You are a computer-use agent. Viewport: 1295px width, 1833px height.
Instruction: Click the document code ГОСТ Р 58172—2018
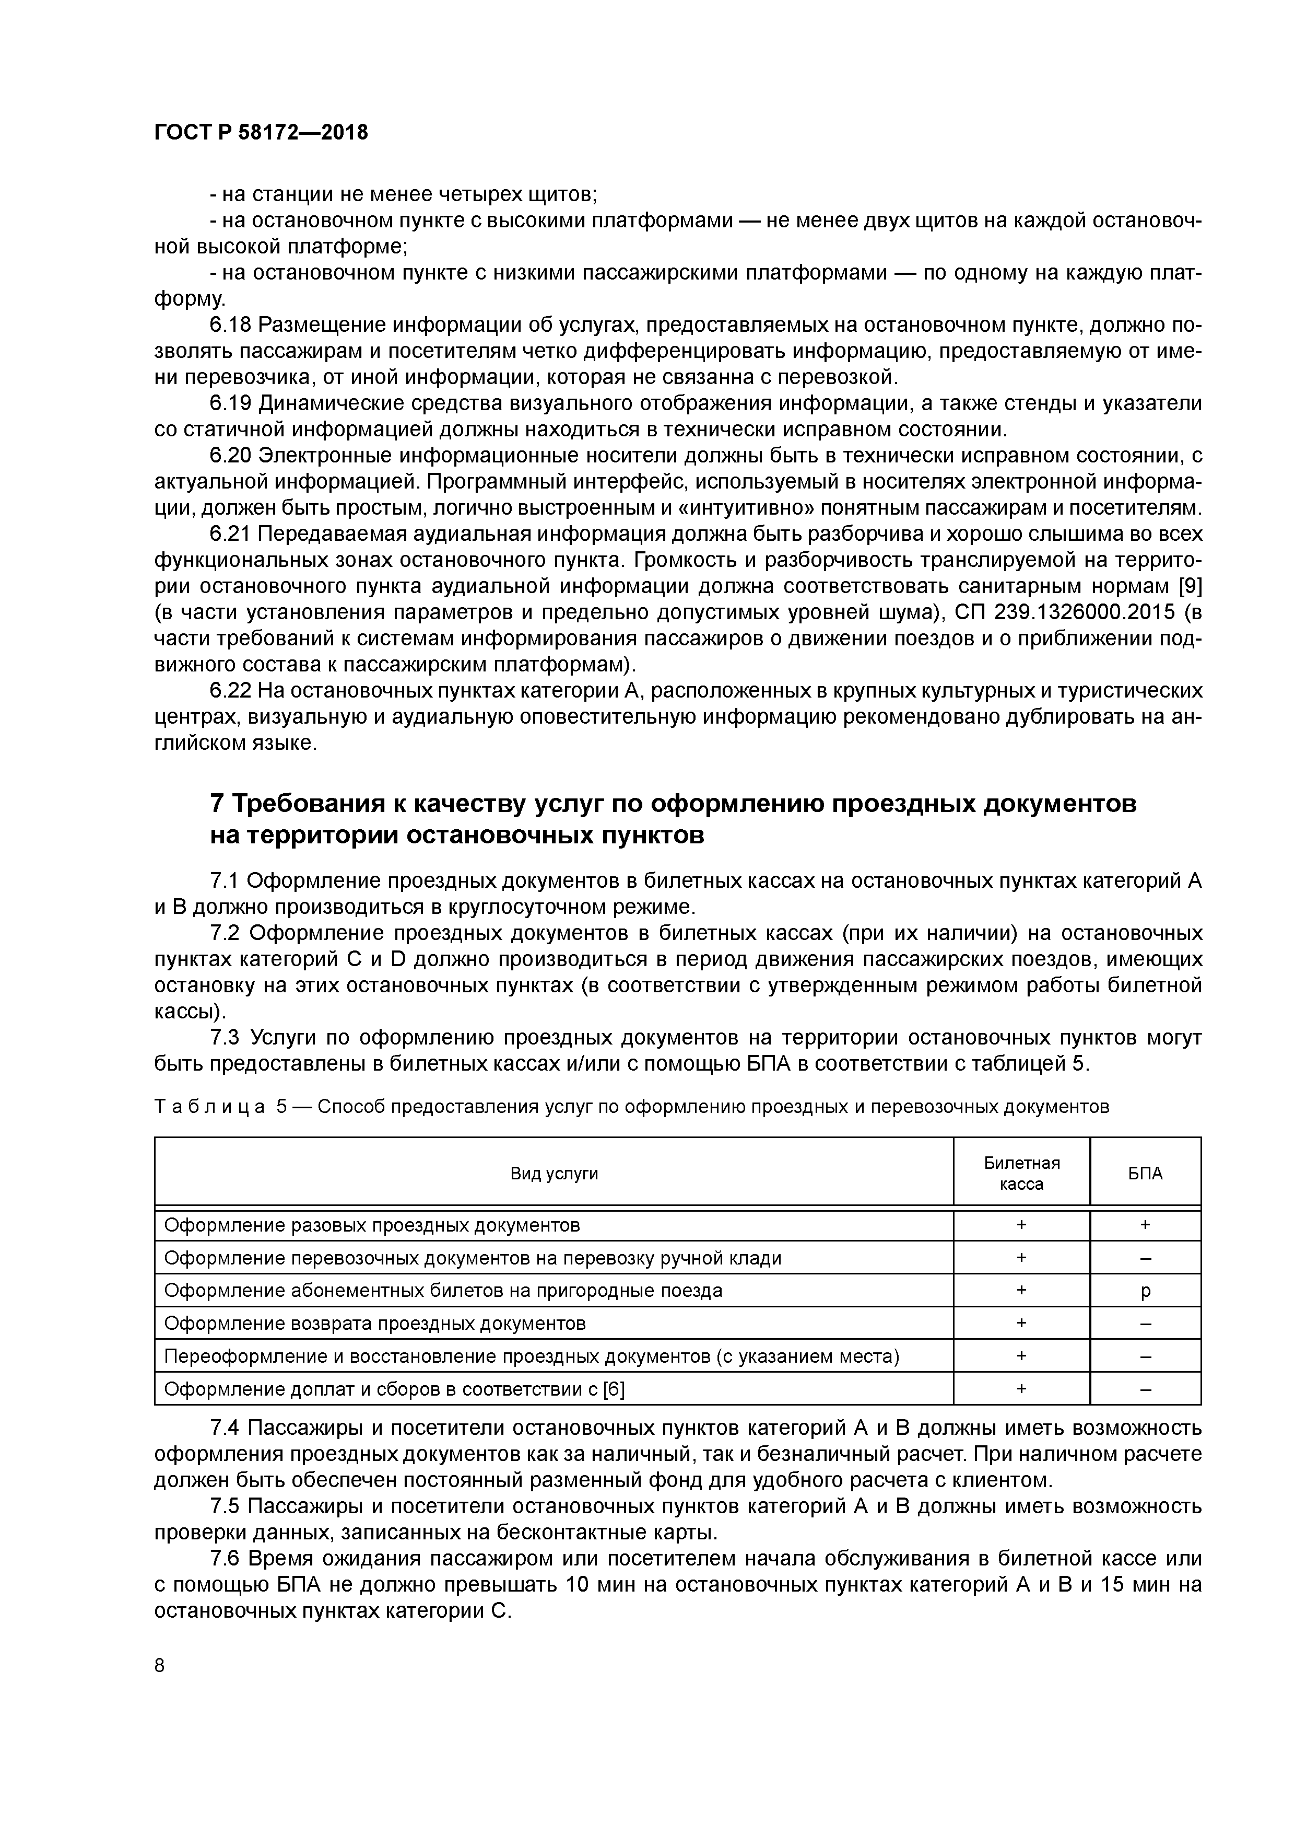point(261,133)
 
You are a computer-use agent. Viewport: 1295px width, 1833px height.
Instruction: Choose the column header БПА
point(1145,1174)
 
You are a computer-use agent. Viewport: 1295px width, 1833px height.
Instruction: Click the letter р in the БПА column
point(1146,1291)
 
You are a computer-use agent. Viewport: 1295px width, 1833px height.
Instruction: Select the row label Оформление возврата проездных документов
point(374,1324)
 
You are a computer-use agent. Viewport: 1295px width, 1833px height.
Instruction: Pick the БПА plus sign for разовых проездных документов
point(1146,1225)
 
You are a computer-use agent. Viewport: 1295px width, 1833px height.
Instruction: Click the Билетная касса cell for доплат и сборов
point(1021,1390)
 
